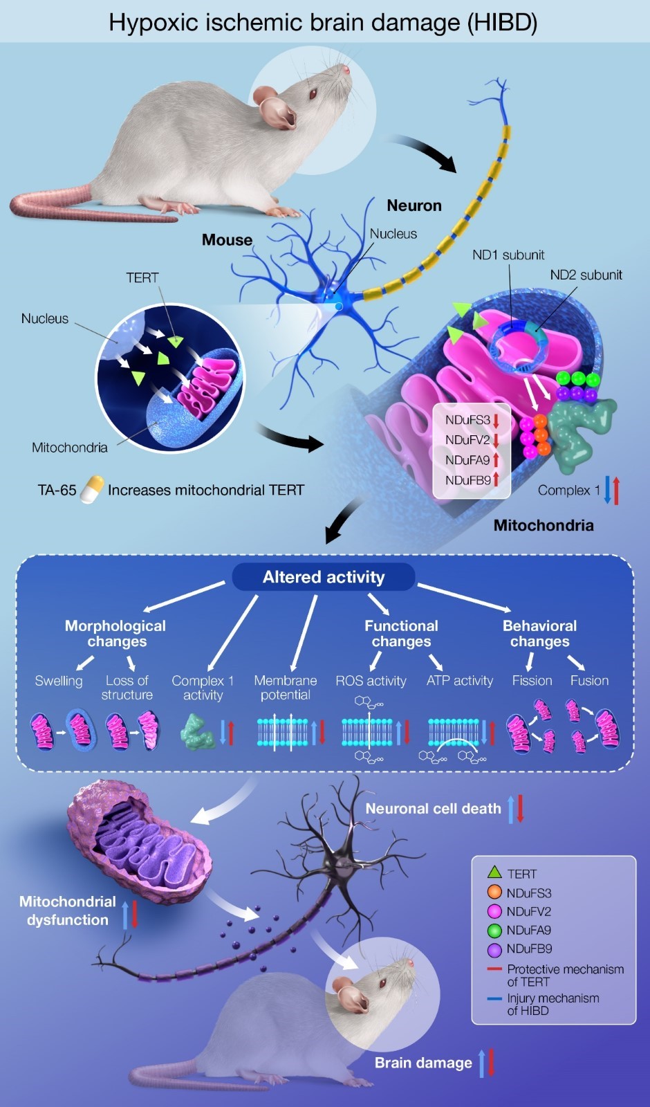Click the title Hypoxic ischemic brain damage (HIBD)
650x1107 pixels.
pyautogui.click(x=323, y=22)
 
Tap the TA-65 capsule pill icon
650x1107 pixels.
pyautogui.click(x=92, y=489)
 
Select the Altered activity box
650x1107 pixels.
pyautogui.click(x=324, y=577)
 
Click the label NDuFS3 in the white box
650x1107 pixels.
pyautogui.click(x=467, y=420)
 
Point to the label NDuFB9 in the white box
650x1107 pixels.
pyautogui.click(x=467, y=479)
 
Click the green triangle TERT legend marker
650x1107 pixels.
pyautogui.click(x=494, y=873)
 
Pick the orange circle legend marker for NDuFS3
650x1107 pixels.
pyautogui.click(x=494, y=893)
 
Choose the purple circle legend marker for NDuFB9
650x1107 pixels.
pyautogui.click(x=494, y=949)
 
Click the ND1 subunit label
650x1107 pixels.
pyautogui.click(x=508, y=255)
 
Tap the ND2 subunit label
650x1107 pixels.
pyautogui.click(x=586, y=275)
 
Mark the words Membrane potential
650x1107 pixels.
pyautogui.click(x=286, y=688)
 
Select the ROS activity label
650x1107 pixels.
pyautogui.click(x=371, y=681)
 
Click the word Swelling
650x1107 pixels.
pyautogui.click(x=59, y=681)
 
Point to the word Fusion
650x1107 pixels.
pyautogui.click(x=589, y=681)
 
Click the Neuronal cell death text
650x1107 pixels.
pyautogui.click(x=433, y=808)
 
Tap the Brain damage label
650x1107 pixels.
pyautogui.click(x=423, y=1063)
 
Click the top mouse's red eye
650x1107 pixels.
pyautogui.click(x=313, y=93)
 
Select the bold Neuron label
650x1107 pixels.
pyautogui.click(x=414, y=205)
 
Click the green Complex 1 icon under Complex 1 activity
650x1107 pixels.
pyautogui.click(x=198, y=732)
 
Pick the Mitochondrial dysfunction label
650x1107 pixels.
pyautogui.click(x=68, y=911)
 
